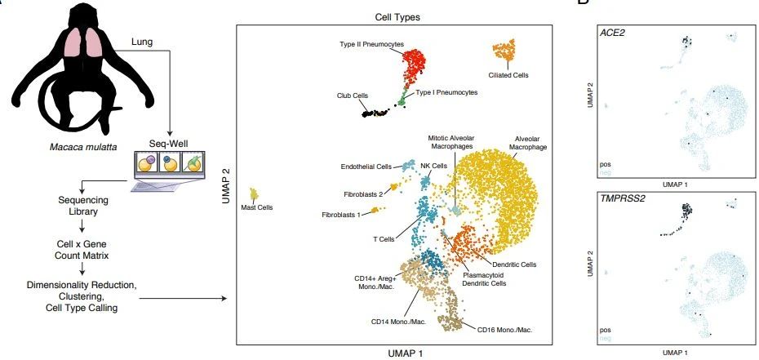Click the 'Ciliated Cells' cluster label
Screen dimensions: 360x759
[509, 75]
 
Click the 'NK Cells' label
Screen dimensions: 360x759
[433, 166]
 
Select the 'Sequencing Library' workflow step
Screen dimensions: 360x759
[77, 205]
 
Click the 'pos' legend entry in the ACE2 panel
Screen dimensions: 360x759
[606, 163]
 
